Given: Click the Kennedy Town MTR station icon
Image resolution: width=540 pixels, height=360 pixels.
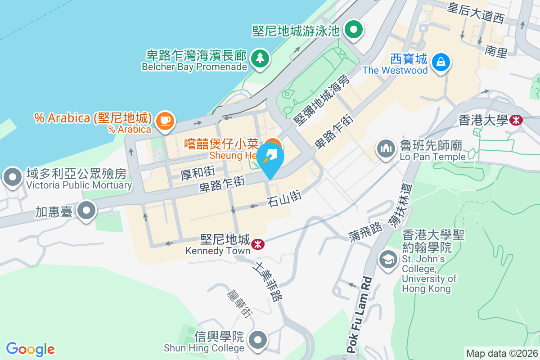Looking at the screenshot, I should (x=258, y=244).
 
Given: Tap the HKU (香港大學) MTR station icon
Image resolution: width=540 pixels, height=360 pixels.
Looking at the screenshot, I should (x=516, y=120).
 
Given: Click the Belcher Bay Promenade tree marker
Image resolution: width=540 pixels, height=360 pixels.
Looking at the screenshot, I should (x=260, y=58).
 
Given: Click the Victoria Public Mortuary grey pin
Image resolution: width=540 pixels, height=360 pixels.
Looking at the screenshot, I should (x=12, y=177).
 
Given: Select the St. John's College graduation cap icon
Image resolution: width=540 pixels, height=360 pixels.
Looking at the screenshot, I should (x=387, y=259).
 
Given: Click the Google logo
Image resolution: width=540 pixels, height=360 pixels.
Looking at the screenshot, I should (x=30, y=349).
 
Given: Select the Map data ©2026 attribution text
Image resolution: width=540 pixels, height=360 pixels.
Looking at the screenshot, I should (x=501, y=353).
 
